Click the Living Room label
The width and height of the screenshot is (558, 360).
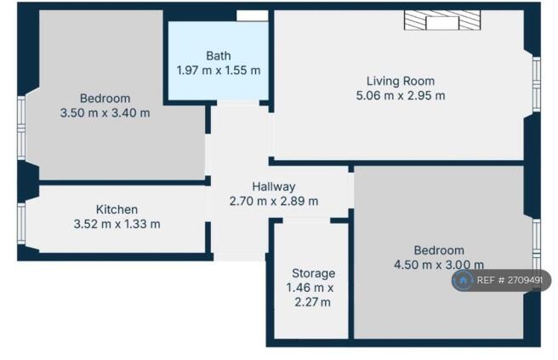(400, 81)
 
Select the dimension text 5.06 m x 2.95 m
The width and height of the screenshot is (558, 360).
(400, 95)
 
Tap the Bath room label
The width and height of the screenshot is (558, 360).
(218, 55)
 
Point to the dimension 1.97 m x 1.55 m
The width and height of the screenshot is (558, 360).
(218, 71)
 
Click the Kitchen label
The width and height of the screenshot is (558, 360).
(117, 209)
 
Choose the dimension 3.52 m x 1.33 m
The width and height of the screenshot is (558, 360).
(117, 224)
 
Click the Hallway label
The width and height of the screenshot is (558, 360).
(273, 186)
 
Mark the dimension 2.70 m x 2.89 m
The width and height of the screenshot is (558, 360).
(273, 202)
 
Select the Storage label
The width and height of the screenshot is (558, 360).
(313, 273)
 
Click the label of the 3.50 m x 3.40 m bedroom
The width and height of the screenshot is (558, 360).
(105, 98)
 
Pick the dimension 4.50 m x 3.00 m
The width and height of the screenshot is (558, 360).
(439, 265)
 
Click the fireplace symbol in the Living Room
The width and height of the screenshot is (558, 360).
(441, 21)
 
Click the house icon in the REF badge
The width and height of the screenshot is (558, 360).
(464, 280)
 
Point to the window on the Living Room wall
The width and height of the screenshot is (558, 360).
(536, 83)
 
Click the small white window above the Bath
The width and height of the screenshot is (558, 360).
(252, 16)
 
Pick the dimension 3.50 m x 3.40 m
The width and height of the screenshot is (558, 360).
(105, 112)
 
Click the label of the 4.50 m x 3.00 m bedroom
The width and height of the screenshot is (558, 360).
(439, 250)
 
